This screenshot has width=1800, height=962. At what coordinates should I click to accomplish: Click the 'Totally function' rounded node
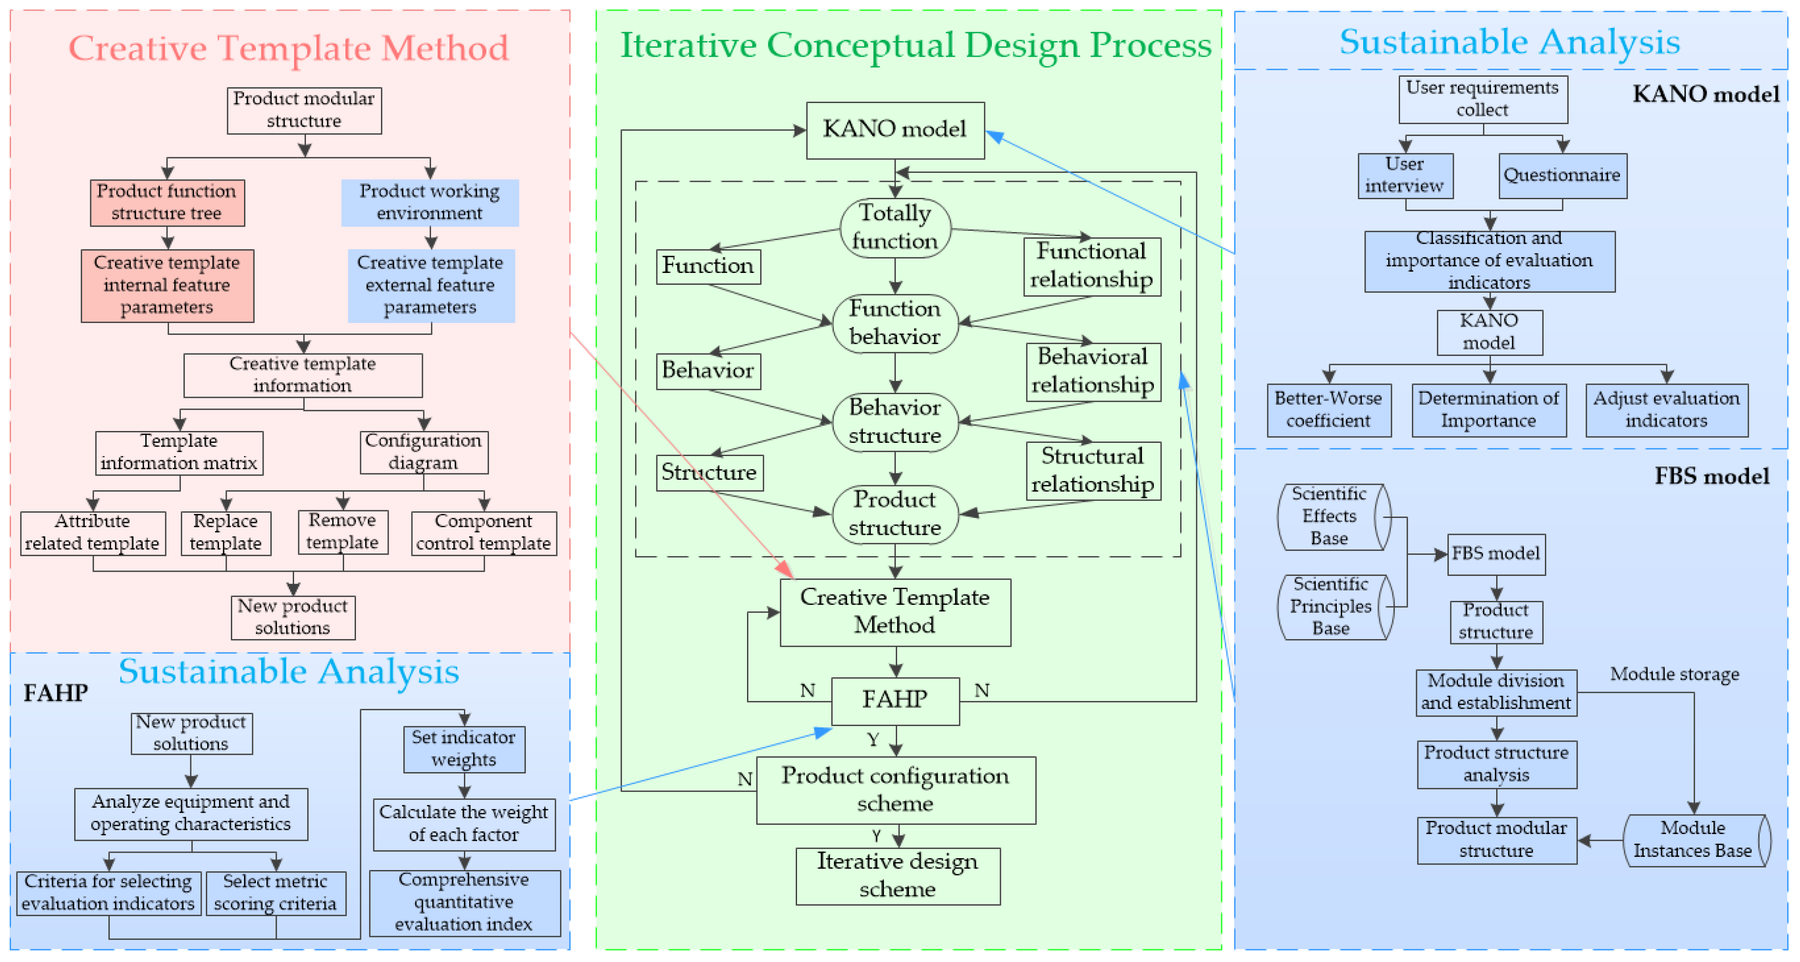pos(894,227)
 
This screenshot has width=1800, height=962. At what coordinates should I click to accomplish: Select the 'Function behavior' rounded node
pos(894,323)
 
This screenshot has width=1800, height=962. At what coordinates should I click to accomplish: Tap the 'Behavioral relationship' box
pos(1093,371)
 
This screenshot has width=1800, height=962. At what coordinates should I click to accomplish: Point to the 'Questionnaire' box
pos(1562,175)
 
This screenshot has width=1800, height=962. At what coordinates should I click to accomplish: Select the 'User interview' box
pos(1405,175)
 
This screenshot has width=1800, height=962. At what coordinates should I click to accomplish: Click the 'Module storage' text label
pos(1674,674)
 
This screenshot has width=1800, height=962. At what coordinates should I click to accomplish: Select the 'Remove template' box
pos(342,532)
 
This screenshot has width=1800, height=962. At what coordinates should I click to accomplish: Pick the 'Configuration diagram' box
pos(423,452)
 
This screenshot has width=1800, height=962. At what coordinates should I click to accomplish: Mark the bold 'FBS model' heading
pos(1711,476)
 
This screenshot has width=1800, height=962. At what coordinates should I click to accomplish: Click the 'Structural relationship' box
pos(1093,470)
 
